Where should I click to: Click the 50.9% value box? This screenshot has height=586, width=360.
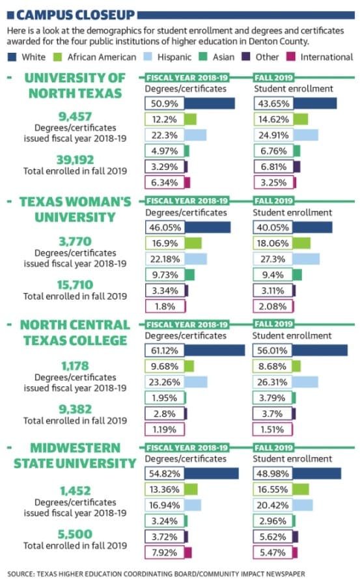[165, 104]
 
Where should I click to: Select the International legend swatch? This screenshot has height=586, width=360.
[291, 57]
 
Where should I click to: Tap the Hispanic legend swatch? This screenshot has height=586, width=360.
[148, 57]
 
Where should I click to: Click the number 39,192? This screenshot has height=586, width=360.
[75, 160]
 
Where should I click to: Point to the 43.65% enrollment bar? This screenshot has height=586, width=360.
[315, 104]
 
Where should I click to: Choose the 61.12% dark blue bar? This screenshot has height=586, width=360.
[215, 350]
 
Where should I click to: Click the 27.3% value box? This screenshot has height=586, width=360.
[273, 259]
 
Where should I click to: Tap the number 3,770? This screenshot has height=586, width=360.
[75, 242]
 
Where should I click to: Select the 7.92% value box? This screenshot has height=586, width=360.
[165, 552]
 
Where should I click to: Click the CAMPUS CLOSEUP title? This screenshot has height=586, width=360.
[76, 15]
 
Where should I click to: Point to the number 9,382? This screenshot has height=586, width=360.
[75, 409]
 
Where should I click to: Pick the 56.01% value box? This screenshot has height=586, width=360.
[273, 350]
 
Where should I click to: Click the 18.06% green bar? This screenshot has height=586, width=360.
[301, 244]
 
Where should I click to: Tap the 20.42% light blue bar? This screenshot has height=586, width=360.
[303, 505]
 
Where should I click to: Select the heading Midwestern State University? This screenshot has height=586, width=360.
[75, 456]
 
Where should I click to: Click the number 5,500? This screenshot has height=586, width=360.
[75, 534]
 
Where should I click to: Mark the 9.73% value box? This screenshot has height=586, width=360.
[165, 275]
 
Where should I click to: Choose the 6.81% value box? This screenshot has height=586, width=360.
[273, 167]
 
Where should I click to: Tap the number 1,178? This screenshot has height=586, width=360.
[75, 366]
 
